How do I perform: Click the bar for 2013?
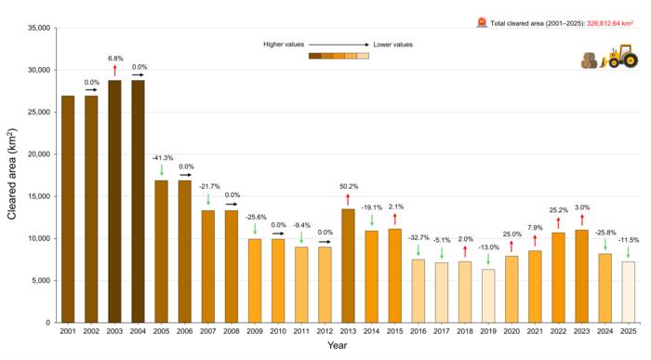[347, 265]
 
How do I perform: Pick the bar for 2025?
[628, 291]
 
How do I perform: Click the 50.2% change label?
[347, 185]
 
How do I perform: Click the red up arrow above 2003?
[114, 70]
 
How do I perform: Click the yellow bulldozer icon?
[616, 58]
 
